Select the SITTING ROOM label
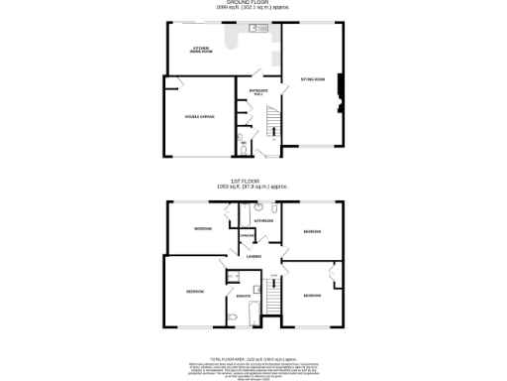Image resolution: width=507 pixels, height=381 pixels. pyautogui.click(x=313, y=78)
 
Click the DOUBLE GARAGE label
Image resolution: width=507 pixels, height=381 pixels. pyautogui.click(x=199, y=117)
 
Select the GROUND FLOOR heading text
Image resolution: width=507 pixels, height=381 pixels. pyautogui.click(x=253, y=3)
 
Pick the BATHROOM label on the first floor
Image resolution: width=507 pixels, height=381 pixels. pyautogui.click(x=263, y=220)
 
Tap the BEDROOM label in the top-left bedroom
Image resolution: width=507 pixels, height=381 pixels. pyautogui.click(x=203, y=229)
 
